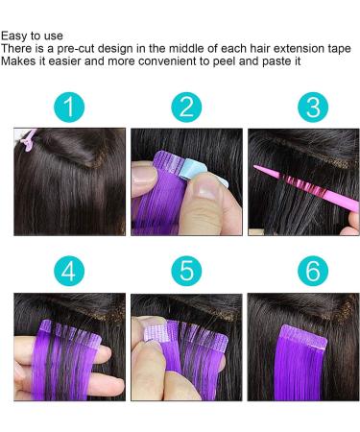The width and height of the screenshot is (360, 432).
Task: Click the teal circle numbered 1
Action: pos(67,107)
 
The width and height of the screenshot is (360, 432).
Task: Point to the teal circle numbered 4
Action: pos(67,272)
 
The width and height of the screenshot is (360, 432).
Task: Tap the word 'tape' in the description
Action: pos(340,48)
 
